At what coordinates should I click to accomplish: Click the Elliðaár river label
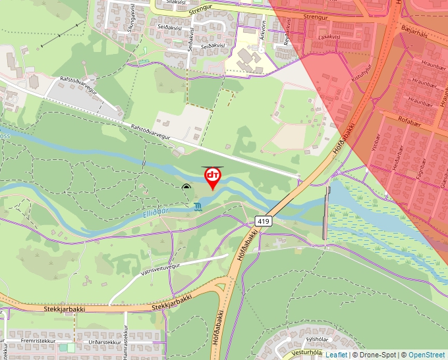tap(156, 211)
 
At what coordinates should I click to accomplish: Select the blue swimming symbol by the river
tap(198, 207)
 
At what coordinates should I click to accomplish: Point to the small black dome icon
tap(186, 189)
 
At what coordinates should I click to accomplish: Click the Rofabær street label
tap(409, 120)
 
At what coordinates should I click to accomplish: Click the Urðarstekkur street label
tap(103, 343)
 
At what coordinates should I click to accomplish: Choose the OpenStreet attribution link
tap(426, 355)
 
